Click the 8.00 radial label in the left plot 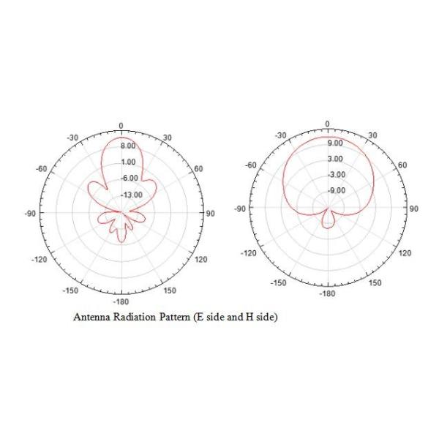click(128, 146)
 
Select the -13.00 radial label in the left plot click(132, 195)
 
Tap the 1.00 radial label click(128, 162)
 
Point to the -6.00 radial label click(130, 179)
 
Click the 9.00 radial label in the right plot click(335, 143)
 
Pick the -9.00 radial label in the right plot click(337, 191)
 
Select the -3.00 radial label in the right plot click(337, 175)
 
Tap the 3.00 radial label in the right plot click(335, 159)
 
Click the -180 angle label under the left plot click(121, 301)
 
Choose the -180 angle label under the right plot click(327, 293)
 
